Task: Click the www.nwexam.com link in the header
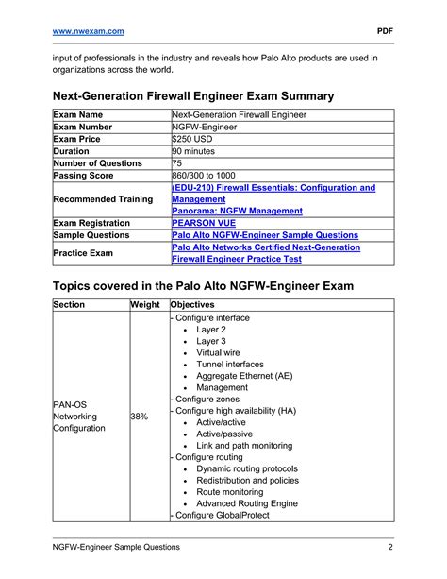click(x=88, y=30)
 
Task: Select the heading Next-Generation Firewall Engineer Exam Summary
click(x=193, y=96)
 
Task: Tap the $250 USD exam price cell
click(x=194, y=138)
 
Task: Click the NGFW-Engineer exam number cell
click(x=205, y=126)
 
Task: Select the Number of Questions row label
click(x=98, y=162)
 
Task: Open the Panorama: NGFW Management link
click(x=237, y=211)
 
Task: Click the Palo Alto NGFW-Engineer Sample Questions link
click(x=265, y=235)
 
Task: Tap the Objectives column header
click(x=193, y=305)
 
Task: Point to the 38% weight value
click(x=140, y=416)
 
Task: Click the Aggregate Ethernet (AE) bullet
click(x=243, y=376)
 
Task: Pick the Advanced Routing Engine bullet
click(x=247, y=503)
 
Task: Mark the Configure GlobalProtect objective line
click(x=220, y=516)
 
